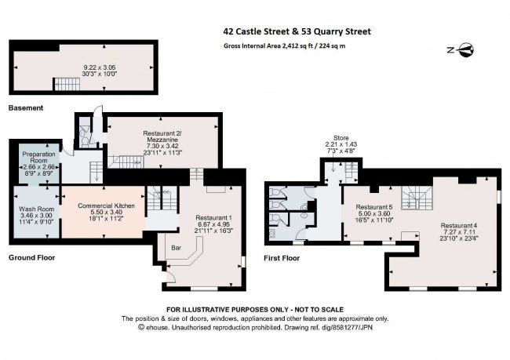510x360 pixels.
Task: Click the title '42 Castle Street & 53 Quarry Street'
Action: click(297, 32)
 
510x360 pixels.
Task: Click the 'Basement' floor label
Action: click(27, 107)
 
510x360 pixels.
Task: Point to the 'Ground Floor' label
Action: click(33, 257)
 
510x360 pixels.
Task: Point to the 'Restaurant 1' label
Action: click(213, 216)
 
